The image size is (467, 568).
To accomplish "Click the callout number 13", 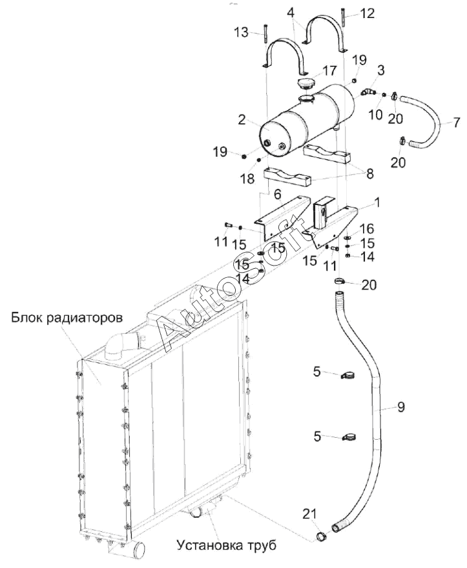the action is click(242, 32).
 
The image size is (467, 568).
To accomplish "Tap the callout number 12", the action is click(367, 14).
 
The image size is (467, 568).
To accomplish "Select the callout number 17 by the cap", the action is click(329, 70).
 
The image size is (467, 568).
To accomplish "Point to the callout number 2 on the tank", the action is click(242, 119).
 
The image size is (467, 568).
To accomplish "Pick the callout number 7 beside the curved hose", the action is click(456, 122).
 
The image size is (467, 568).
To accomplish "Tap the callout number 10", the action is click(375, 115).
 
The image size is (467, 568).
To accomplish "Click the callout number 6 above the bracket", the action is click(278, 195).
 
